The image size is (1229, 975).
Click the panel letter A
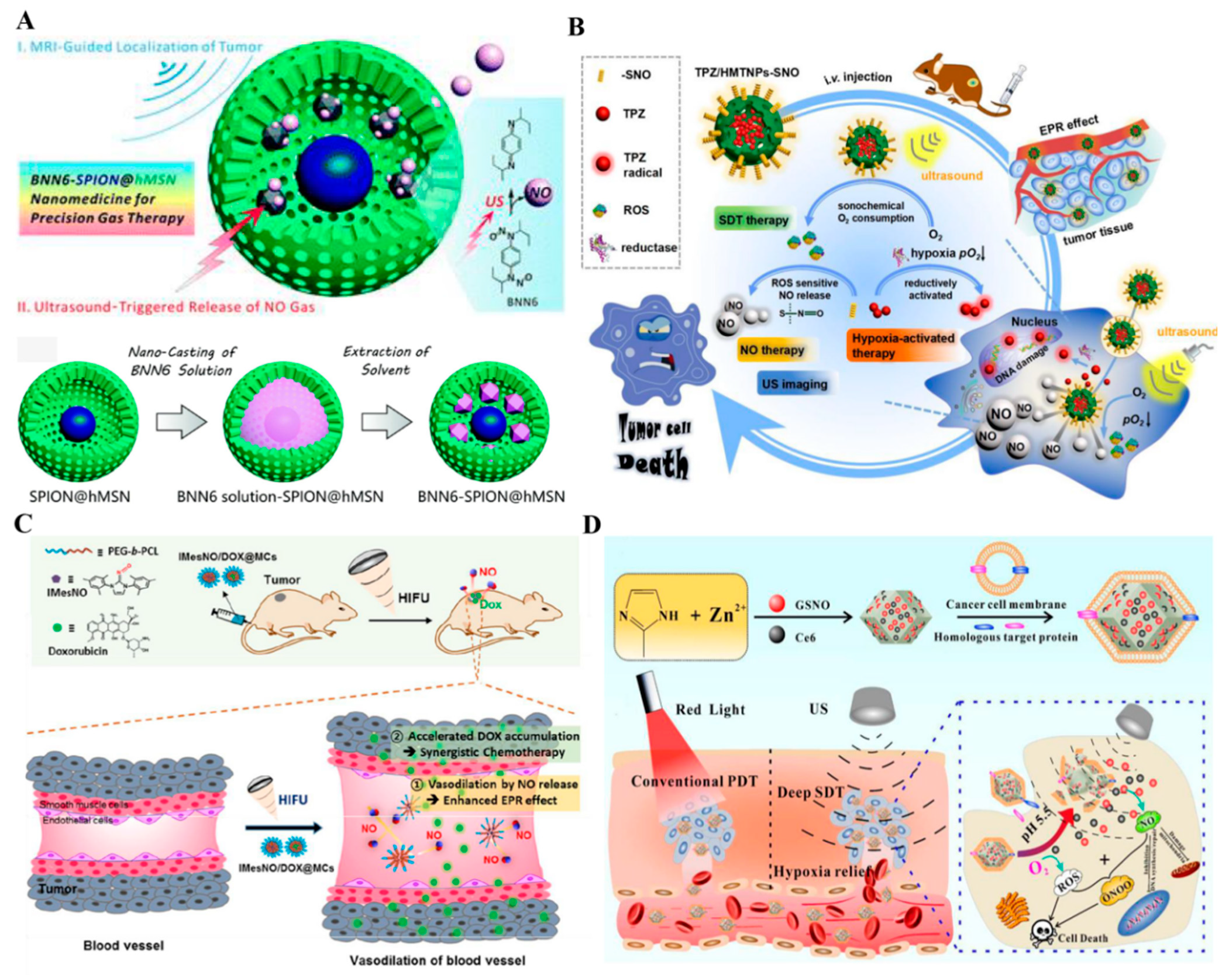pos(25,21)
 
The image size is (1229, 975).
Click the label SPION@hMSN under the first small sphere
pos(80,497)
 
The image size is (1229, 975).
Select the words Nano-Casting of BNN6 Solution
pos(181,361)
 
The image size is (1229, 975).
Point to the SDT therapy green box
pos(753,220)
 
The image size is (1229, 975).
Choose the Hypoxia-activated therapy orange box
pos(901,345)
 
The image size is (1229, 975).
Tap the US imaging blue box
pos(794,384)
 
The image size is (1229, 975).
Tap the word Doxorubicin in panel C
pos(78,651)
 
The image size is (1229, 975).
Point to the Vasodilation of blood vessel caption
pos(437,960)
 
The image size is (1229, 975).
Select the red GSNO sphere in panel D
pos(776,604)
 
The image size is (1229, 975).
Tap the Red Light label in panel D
pos(710,709)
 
